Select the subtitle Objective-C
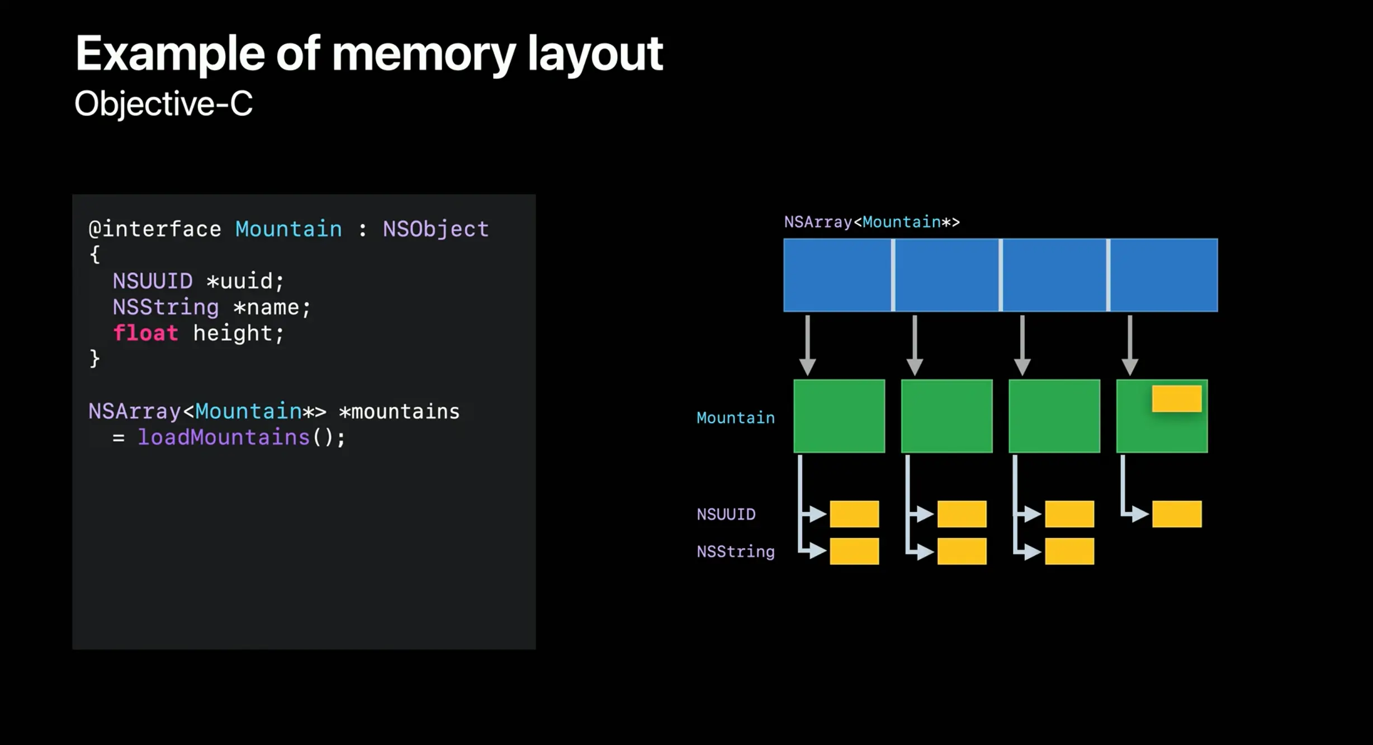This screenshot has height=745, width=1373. (163, 104)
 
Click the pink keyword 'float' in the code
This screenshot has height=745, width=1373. (145, 333)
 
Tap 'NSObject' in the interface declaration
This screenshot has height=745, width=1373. (435, 229)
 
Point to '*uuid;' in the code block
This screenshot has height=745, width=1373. (245, 281)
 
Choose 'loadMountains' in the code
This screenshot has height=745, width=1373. (224, 437)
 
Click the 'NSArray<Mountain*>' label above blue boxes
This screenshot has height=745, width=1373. (872, 223)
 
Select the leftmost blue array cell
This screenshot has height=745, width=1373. (837, 275)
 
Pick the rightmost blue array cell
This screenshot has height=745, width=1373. (1163, 275)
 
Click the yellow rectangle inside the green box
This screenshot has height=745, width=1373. (1176, 399)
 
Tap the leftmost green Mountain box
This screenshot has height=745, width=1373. (839, 416)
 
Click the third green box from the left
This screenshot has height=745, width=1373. (1054, 416)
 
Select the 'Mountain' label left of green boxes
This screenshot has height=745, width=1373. (735, 418)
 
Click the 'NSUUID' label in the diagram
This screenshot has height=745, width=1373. (726, 515)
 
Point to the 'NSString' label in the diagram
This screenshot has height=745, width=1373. (735, 552)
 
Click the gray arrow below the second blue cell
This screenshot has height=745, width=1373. (915, 345)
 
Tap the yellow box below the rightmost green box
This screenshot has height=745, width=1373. (1176, 514)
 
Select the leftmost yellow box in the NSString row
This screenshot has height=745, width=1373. (854, 551)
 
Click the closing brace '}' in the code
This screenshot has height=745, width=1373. (94, 359)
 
